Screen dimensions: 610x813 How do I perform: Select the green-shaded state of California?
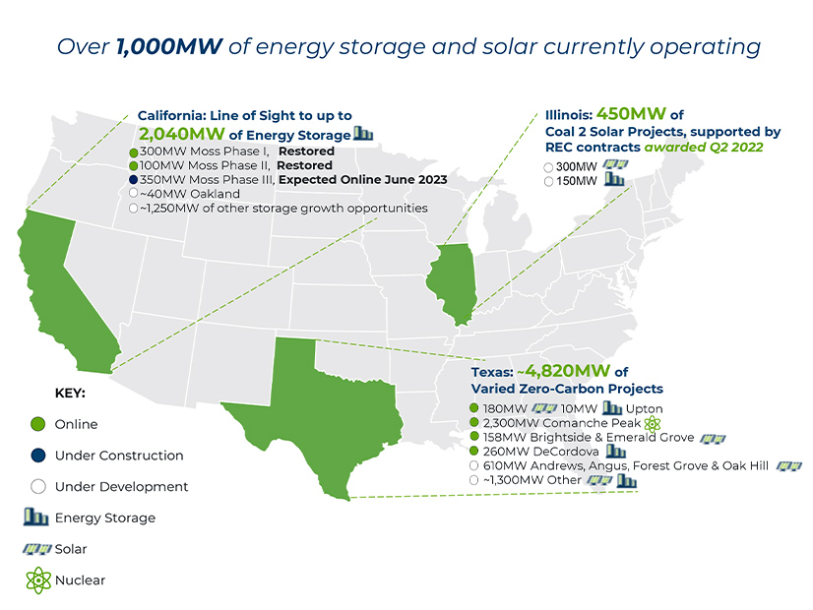tap(59, 285)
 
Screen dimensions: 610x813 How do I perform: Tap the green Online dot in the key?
tap(37, 424)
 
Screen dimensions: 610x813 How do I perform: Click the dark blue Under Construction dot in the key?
tap(37, 456)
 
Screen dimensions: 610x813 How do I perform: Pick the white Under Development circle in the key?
tap(37, 486)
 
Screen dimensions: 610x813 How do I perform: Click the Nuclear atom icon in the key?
tap(37, 579)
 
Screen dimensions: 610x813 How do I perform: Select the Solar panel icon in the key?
tap(37, 548)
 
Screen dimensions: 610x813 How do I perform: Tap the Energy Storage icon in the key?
tap(37, 517)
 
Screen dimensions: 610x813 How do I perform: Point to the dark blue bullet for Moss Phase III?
tap(132, 180)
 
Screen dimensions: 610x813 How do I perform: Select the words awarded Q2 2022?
tap(696, 147)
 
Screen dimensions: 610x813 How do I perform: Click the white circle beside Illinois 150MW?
tap(548, 181)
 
